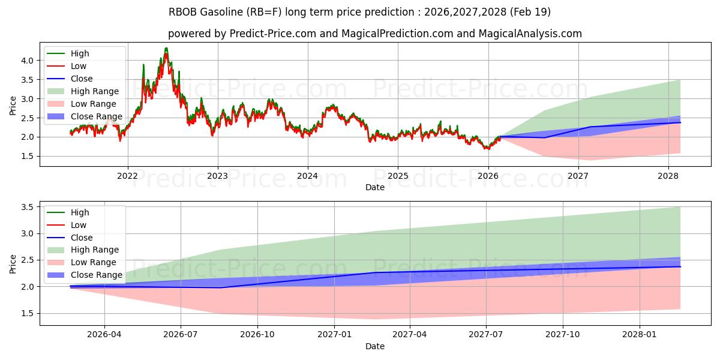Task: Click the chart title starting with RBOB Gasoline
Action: (359, 12)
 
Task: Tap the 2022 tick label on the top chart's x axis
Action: (127, 176)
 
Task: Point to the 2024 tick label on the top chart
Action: (308, 176)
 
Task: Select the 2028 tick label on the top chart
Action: (668, 176)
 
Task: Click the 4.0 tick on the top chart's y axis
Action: (28, 61)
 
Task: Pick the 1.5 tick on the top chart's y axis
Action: (28, 157)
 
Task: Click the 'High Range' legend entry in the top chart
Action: (94, 91)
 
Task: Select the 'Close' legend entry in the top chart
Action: (82, 79)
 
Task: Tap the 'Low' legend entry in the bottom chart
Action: (79, 225)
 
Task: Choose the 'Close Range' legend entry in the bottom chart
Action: (96, 275)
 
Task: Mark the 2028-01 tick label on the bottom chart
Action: (640, 335)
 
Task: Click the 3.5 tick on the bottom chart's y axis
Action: (28, 207)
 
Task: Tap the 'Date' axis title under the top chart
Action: (375, 187)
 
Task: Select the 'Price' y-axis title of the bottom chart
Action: (13, 263)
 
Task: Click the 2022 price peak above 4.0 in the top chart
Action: (166, 49)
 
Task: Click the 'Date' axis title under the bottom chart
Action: (375, 346)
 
